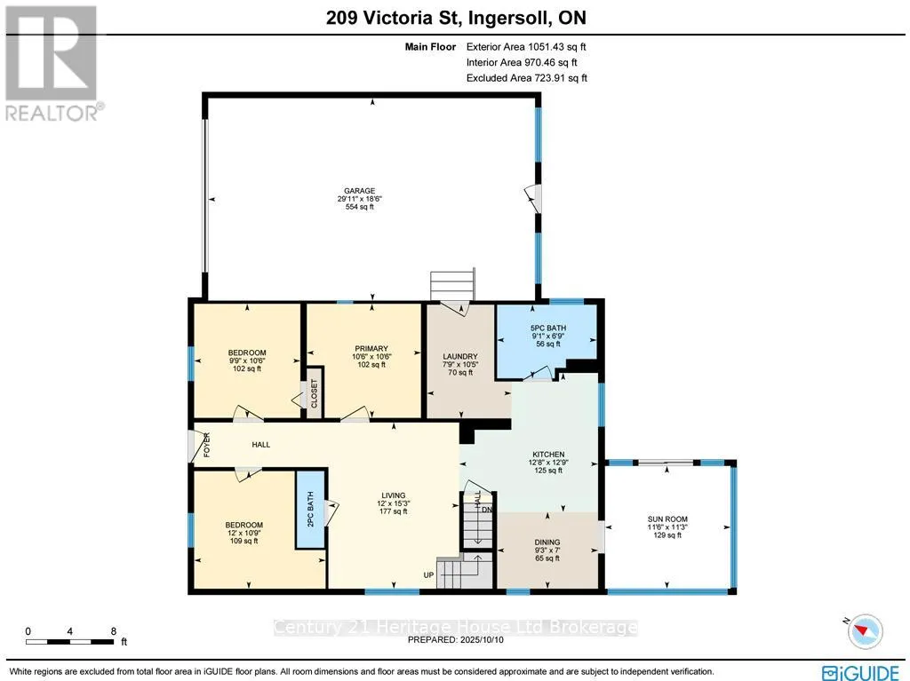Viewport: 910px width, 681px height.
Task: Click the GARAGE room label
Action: click(359, 191)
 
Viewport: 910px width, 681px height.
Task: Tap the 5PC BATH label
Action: click(547, 329)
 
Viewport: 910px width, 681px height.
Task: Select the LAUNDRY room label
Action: click(460, 357)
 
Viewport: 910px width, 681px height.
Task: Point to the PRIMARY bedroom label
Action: click(371, 349)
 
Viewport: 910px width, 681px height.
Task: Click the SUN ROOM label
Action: click(667, 519)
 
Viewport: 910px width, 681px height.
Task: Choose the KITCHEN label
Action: click(548, 455)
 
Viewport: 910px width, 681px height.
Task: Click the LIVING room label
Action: click(394, 496)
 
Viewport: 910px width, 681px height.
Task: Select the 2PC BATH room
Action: click(310, 510)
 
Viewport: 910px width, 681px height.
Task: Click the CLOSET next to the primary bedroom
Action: click(314, 393)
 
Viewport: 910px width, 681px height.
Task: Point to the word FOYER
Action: click(206, 445)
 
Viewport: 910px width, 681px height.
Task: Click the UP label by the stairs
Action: click(428, 575)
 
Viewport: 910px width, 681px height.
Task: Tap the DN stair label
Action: click(486, 510)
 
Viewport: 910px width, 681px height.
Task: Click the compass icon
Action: click(865, 631)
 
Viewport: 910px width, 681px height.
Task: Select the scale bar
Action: click(69, 642)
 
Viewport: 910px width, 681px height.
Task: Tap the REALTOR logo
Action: click(52, 63)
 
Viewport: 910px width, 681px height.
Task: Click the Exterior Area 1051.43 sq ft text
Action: click(526, 47)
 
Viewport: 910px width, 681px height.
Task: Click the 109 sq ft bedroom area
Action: click(243, 542)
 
